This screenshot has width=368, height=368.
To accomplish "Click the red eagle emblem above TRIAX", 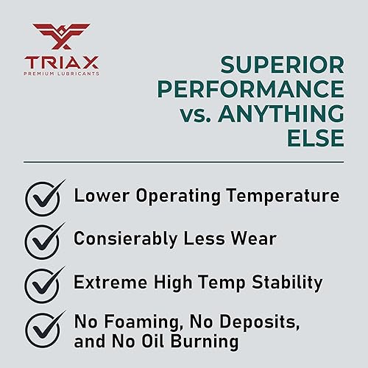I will pos(61,35).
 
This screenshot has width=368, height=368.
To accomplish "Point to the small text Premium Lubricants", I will pos(61,73).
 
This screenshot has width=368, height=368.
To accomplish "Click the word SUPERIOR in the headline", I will pos(283,66).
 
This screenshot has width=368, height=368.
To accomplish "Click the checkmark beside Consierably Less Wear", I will pos(43,241).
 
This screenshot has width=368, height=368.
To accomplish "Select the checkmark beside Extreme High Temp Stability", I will pos(43,283).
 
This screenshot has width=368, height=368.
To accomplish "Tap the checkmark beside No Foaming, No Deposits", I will pos(43,326).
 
